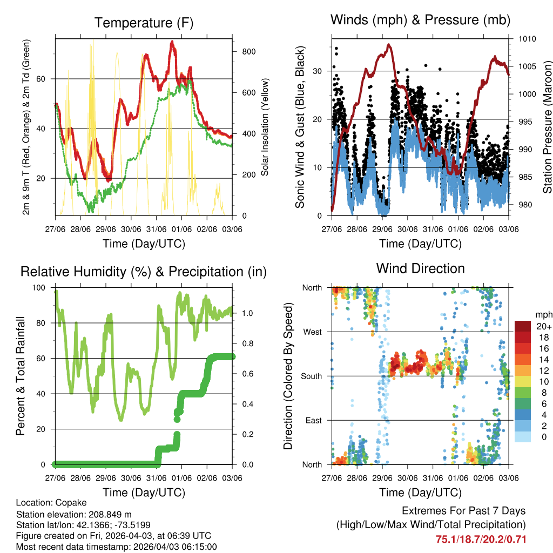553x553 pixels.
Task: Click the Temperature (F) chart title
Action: pyautogui.click(x=144, y=23)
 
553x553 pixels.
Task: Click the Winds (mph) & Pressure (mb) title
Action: pyautogui.click(x=420, y=20)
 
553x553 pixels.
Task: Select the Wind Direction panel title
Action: pyautogui.click(x=420, y=268)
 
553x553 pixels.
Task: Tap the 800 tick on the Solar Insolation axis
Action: pyautogui.click(x=248, y=52)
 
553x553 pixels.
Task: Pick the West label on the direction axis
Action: pyautogui.click(x=312, y=332)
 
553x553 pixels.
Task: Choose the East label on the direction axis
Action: pyautogui.click(x=313, y=420)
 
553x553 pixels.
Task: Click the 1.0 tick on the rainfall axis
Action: pyautogui.click(x=247, y=313)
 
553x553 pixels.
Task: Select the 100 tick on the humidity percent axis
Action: pyautogui.click(x=40, y=288)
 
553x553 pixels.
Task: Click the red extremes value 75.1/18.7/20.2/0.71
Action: pyautogui.click(x=481, y=539)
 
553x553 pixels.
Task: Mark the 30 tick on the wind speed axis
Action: pyautogui.click(x=318, y=71)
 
